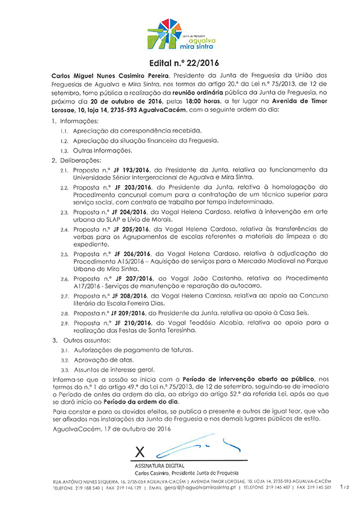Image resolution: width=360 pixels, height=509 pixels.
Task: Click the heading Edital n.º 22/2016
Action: [x=180, y=62]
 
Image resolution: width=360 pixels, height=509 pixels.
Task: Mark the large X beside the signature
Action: [x=140, y=452]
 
